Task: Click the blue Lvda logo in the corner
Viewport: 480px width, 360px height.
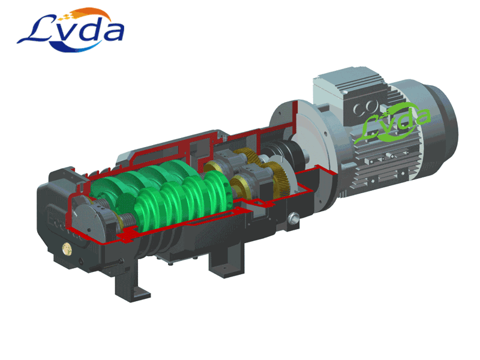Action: pos(71,31)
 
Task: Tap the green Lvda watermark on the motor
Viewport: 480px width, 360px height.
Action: pos(392,124)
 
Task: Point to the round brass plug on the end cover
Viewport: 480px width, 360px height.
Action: pos(67,248)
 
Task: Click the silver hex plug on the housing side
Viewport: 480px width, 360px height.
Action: pos(293,218)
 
